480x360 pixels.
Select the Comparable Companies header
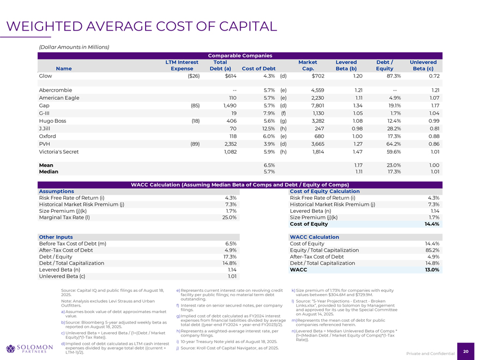click(x=239, y=55)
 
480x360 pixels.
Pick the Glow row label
click(x=45, y=76)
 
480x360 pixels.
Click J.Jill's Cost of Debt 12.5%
click(x=265, y=129)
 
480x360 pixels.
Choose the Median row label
click(x=48, y=171)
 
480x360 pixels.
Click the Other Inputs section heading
click(x=56, y=237)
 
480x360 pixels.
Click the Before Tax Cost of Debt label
click(x=73, y=243)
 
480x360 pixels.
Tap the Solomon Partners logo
click(x=29, y=349)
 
